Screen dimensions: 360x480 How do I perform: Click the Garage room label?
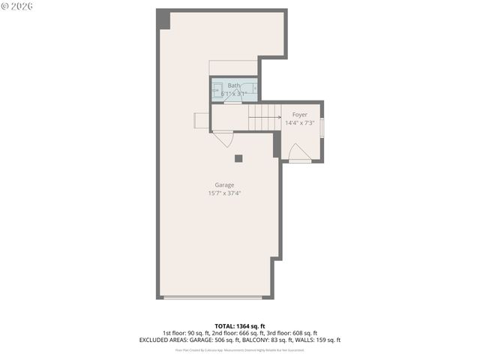coord(224,184)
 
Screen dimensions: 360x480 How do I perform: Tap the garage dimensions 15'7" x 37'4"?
coord(224,193)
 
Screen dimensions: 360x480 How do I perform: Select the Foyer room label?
coord(299,115)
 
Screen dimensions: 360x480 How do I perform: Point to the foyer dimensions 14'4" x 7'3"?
coord(299,123)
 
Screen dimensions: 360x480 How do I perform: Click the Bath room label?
coord(234,85)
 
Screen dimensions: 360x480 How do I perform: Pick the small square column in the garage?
coord(238,158)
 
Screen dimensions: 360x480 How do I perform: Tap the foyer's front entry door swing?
coord(298,152)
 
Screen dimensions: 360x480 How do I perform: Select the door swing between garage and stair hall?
coord(223,139)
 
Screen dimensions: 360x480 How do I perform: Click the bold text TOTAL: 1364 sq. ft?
coord(240,326)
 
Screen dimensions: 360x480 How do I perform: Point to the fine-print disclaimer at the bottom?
coord(240,349)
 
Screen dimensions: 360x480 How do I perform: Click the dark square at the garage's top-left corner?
coord(163,19)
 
